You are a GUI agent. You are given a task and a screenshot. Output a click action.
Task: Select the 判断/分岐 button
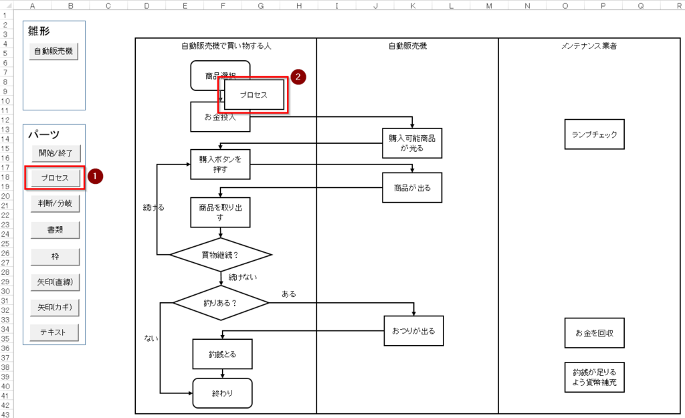(x=55, y=203)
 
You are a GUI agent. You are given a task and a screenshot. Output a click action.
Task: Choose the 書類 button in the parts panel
(x=55, y=230)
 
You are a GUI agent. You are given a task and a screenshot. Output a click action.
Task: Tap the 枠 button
(x=55, y=257)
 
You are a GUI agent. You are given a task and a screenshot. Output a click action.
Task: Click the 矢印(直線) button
(x=55, y=282)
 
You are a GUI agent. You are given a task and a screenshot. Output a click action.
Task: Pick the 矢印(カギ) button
(x=55, y=308)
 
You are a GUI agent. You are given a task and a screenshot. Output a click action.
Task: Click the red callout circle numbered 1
(x=95, y=177)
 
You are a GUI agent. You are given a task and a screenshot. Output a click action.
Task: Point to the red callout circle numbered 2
(x=298, y=77)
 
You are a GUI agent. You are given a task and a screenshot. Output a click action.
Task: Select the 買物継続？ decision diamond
(x=221, y=255)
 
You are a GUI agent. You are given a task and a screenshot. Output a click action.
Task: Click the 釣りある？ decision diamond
(x=221, y=302)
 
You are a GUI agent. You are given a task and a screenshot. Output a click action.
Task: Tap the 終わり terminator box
(x=222, y=393)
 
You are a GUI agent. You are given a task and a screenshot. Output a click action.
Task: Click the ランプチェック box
(x=594, y=134)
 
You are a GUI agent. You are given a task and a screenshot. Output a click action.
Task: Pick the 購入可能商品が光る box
(x=412, y=143)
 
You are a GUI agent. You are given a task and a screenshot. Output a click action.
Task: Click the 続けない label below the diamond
(x=242, y=277)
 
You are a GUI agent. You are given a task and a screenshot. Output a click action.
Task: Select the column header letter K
(x=413, y=6)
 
